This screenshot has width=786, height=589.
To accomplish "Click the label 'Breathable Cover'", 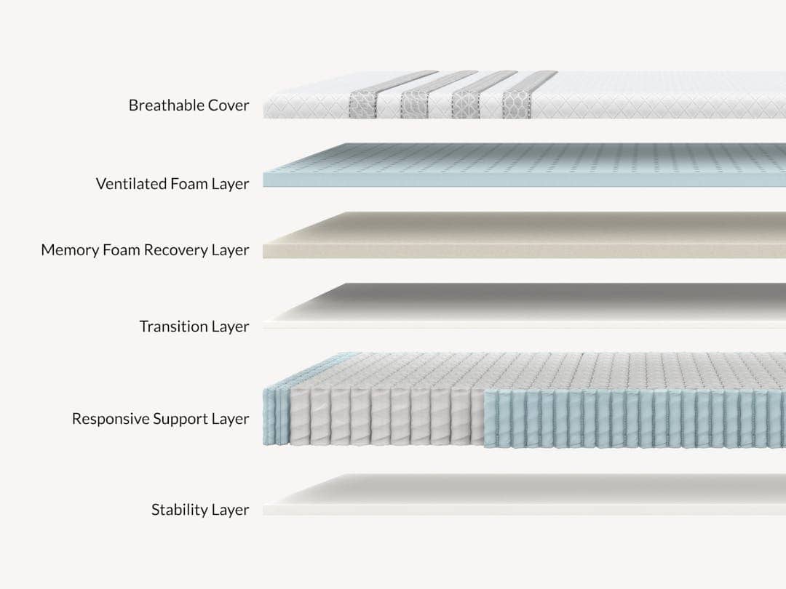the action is click(188, 105).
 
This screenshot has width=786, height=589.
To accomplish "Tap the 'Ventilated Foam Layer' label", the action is click(172, 184).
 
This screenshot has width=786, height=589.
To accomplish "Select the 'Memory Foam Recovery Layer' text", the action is click(145, 249).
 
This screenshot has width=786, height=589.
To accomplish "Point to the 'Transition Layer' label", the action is click(194, 326).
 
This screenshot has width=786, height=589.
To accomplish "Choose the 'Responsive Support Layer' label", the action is click(160, 419).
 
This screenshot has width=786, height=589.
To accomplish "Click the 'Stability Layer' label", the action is click(200, 509).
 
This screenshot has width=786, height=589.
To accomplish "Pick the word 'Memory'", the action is click(70, 250).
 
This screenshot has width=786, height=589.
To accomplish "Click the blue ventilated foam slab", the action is click(524, 165).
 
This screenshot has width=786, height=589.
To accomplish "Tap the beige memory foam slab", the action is click(524, 235).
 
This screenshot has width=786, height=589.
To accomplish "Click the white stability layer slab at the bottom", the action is click(524, 495).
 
